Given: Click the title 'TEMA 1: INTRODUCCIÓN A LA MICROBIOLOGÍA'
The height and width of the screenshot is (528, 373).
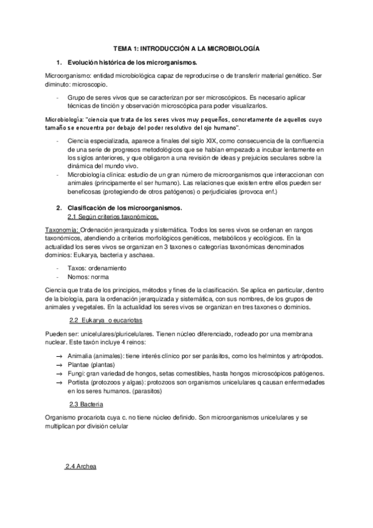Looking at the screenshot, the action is tap(186, 47).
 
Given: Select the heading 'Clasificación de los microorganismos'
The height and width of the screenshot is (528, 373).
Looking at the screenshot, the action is tap(128, 207).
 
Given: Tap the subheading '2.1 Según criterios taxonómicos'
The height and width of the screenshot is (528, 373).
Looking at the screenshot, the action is tap(113, 217).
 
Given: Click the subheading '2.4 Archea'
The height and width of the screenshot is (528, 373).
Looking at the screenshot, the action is tap(81, 466).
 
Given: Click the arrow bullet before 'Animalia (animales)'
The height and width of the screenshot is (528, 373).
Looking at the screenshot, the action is tap(58, 356).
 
